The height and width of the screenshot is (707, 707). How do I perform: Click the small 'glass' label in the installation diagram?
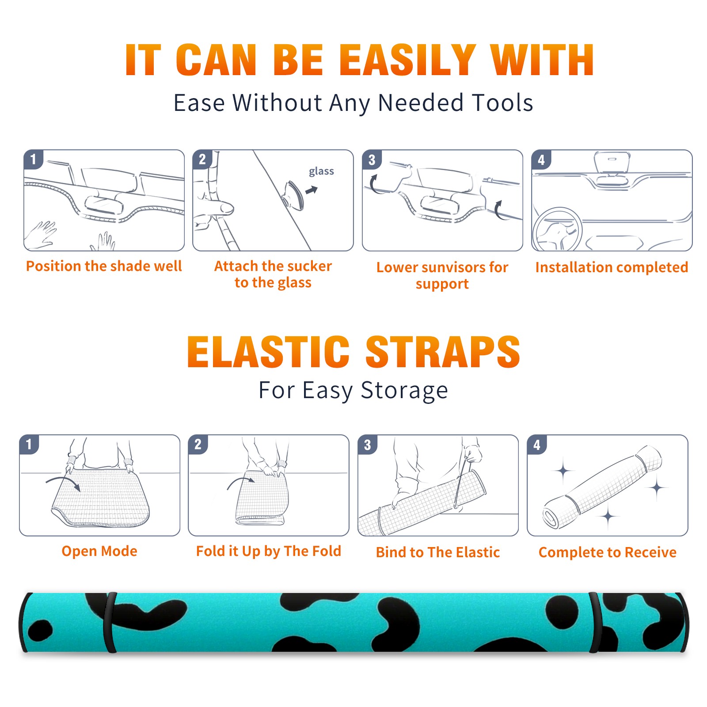pos(321,171)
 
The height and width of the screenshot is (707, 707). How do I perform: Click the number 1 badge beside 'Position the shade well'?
pos(33,159)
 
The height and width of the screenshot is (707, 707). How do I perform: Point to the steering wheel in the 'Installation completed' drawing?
pos(557,230)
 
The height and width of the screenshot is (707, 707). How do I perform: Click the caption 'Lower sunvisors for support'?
pos(442,275)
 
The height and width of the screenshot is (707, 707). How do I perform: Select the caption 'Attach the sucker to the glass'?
pos(273,274)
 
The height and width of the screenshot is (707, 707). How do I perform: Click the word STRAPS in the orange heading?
pos(443,352)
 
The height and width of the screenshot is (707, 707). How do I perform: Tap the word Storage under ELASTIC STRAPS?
pos(404,391)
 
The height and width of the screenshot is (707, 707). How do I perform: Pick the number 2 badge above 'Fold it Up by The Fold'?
pos(198,444)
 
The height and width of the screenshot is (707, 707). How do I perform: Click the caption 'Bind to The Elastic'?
pos(438,552)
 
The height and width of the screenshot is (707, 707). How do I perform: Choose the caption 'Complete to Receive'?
pos(608,552)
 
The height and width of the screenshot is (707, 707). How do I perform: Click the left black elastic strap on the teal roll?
pos(110,622)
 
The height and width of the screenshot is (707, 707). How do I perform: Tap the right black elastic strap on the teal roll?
pos(595,622)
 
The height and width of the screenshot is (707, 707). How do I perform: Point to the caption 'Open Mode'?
pos(99,551)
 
